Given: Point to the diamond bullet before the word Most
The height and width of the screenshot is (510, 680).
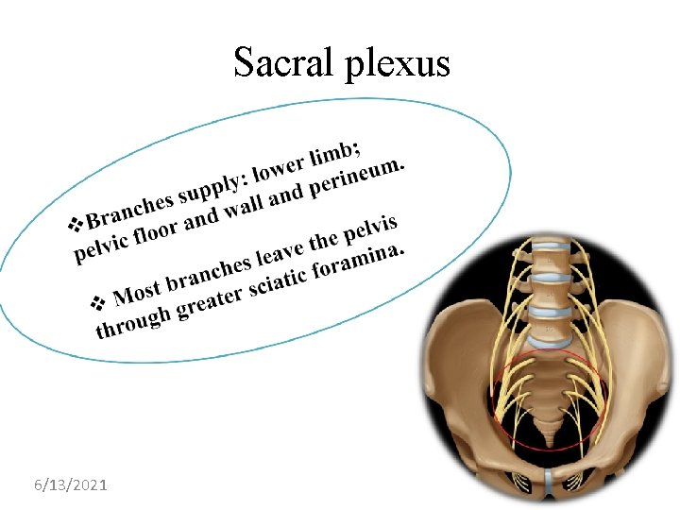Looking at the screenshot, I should click(x=98, y=303).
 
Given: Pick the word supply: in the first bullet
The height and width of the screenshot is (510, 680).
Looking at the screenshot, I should click(x=213, y=183).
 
